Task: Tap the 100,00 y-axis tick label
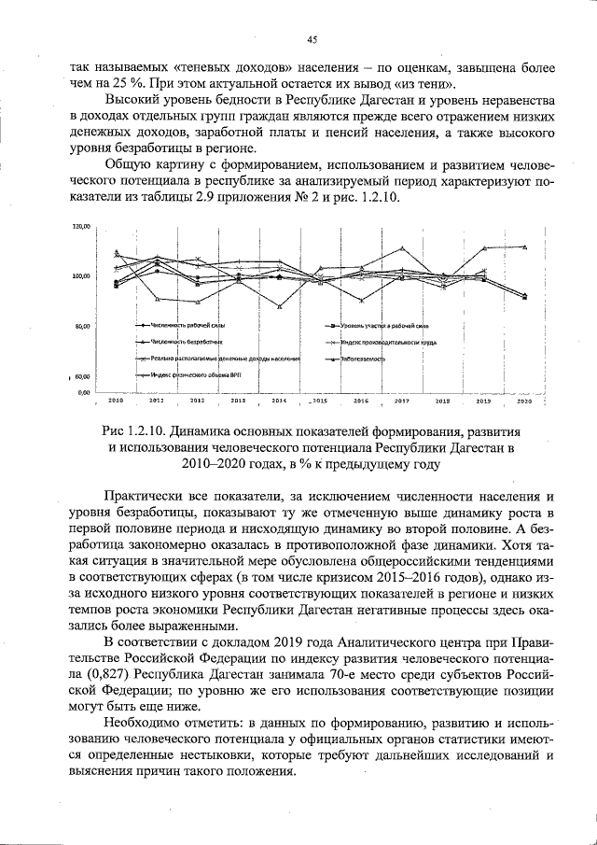[x=80, y=276]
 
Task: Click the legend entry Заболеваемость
[x=364, y=359]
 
